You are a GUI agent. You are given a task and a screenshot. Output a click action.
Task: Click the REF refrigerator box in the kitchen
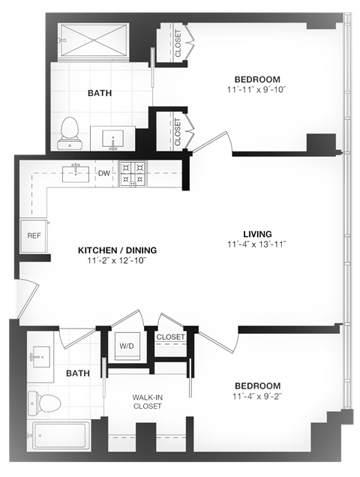(34, 235)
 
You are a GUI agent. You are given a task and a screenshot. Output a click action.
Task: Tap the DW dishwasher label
(103, 173)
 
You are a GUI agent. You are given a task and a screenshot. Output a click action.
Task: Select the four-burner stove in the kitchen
(133, 174)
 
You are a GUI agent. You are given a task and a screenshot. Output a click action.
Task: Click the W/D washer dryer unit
(125, 346)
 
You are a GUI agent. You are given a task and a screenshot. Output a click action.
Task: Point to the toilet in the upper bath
(69, 130)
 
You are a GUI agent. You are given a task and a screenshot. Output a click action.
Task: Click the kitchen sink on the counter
(76, 172)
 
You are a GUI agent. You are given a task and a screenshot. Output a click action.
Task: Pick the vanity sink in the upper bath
(112, 139)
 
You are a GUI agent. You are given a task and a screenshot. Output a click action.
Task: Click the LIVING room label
(256, 233)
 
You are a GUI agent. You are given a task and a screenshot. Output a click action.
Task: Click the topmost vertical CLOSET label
(178, 43)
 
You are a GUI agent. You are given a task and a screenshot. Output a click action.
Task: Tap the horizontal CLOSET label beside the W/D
(171, 337)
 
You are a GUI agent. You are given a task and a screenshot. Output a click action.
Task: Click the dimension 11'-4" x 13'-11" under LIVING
(256, 245)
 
